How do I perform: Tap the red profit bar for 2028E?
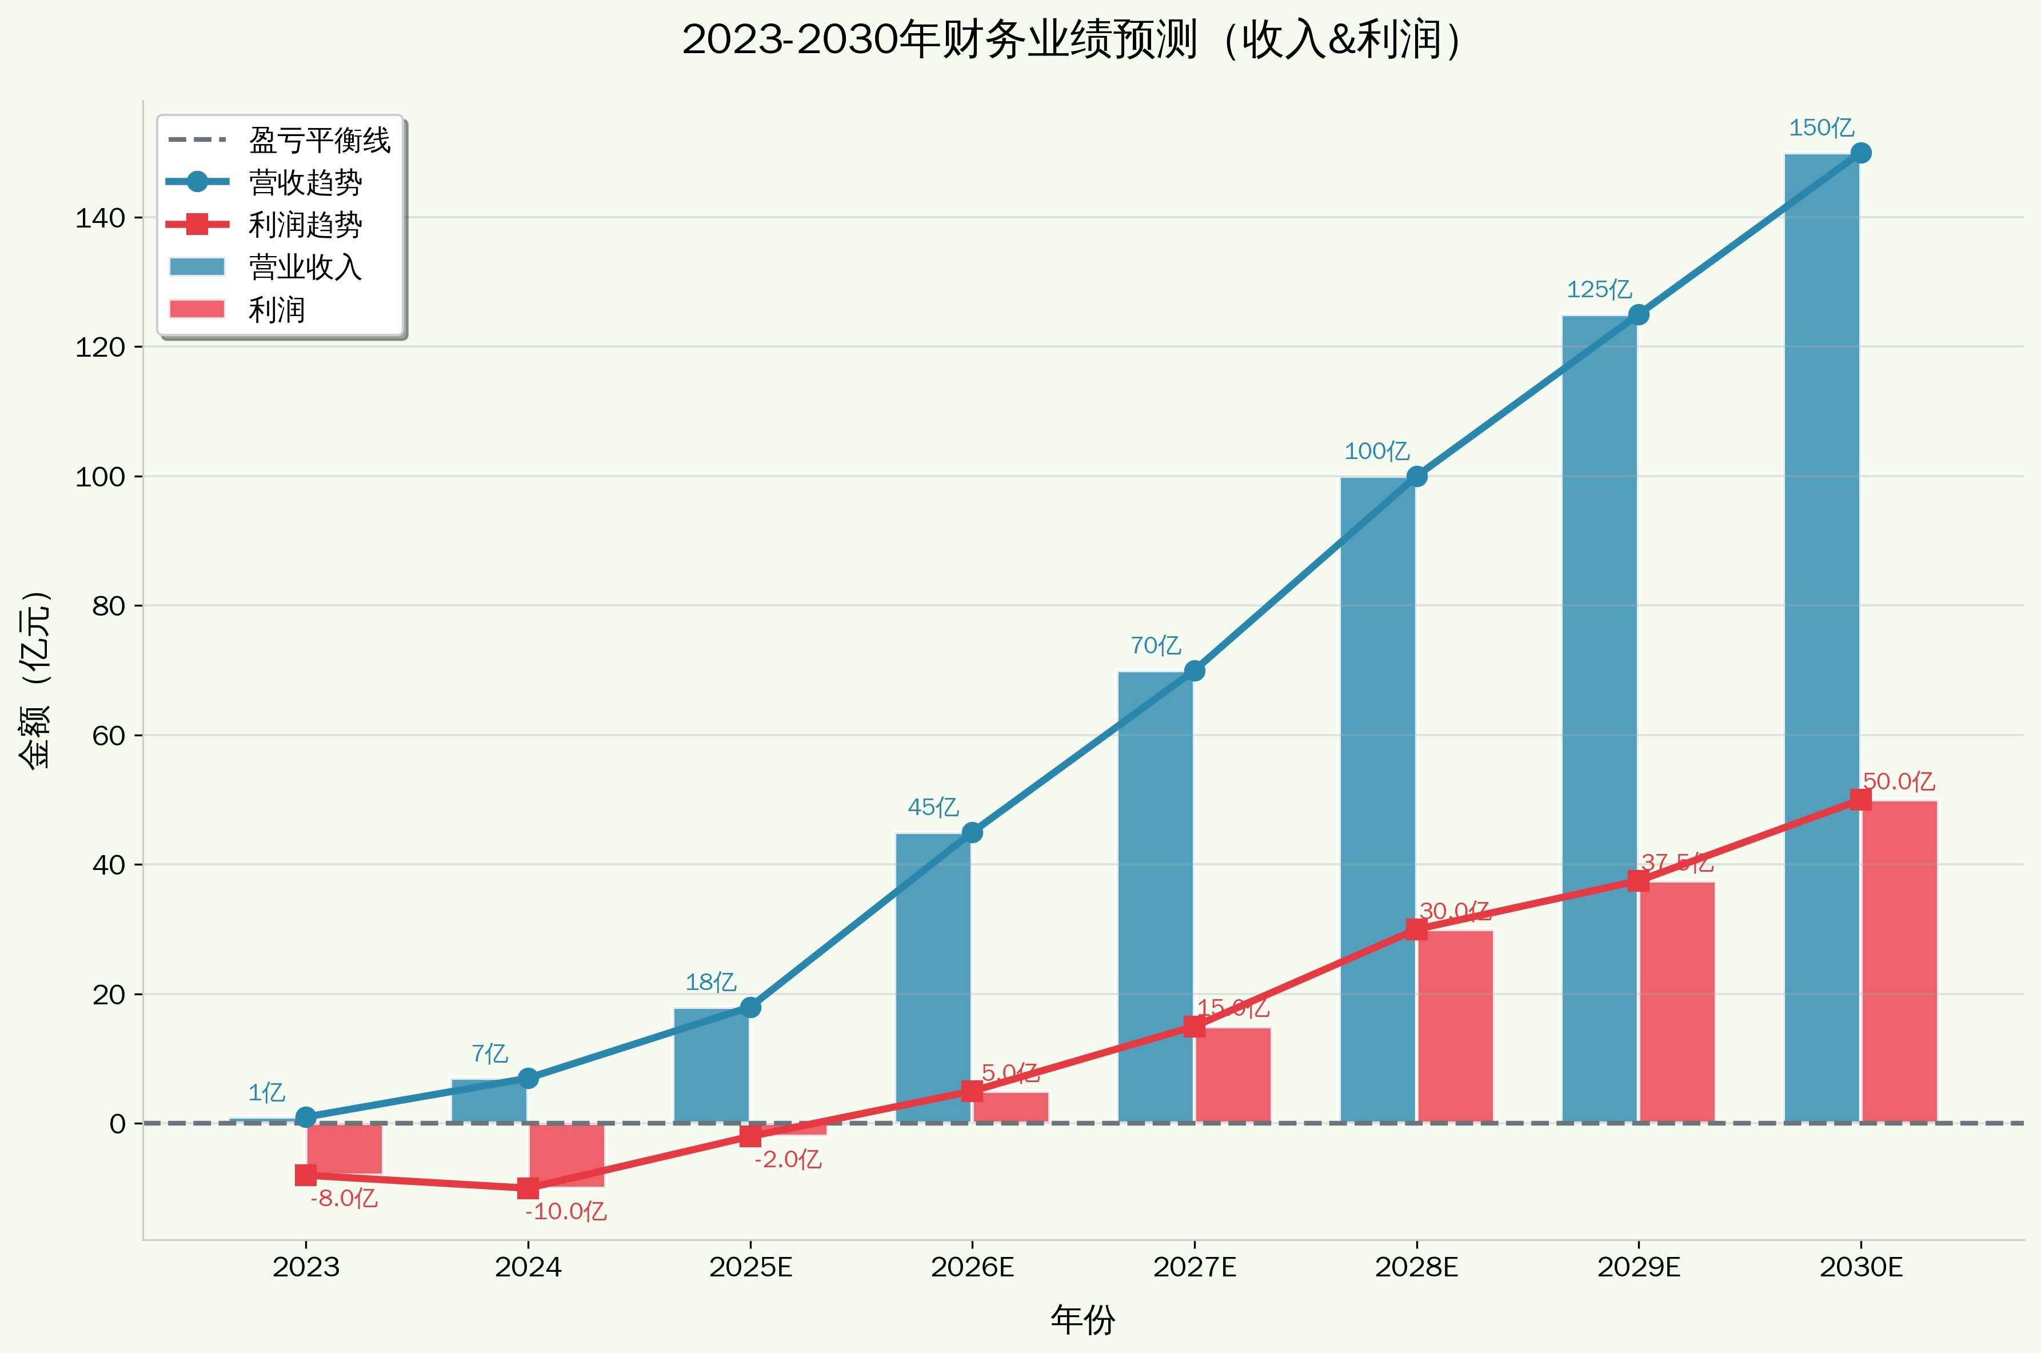click(x=1455, y=1026)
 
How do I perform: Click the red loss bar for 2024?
click(x=567, y=1155)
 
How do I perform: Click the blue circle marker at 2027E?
click(x=1195, y=670)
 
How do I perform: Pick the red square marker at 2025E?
click(x=750, y=1136)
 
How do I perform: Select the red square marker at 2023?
click(x=306, y=1175)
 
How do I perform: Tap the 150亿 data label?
click(x=1821, y=127)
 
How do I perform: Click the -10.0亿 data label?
click(x=566, y=1211)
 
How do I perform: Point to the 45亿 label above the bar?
click(x=933, y=807)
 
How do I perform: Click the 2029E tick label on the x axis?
click(x=1638, y=1268)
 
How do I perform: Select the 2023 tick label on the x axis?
click(x=306, y=1268)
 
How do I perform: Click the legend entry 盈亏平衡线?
click(x=319, y=140)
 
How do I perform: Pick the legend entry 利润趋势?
click(x=305, y=224)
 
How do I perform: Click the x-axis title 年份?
click(x=1083, y=1319)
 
